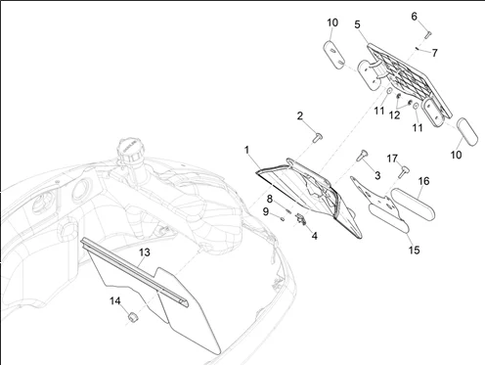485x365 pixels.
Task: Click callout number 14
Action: [115, 300]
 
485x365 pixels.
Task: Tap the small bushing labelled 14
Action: [132, 317]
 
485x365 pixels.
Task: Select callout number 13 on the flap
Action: [145, 252]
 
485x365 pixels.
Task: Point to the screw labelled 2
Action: [318, 138]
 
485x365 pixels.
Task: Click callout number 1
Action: [246, 150]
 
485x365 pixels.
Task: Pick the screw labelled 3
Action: [362, 156]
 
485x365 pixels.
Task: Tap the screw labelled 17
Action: [404, 172]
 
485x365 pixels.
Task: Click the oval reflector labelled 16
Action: [413, 205]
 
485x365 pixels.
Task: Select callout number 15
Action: [414, 251]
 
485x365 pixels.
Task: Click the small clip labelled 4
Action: [301, 219]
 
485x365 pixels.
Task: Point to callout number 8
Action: [270, 199]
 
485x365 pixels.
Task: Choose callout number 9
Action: [266, 211]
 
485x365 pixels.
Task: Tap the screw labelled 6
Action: [427, 34]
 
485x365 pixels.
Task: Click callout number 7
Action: [434, 53]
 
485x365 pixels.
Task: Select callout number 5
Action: [358, 24]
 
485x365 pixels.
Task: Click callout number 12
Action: [394, 114]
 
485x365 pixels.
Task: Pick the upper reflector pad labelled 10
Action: [334, 55]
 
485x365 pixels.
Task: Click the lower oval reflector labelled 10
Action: [466, 132]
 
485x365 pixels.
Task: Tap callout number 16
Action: [423, 181]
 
